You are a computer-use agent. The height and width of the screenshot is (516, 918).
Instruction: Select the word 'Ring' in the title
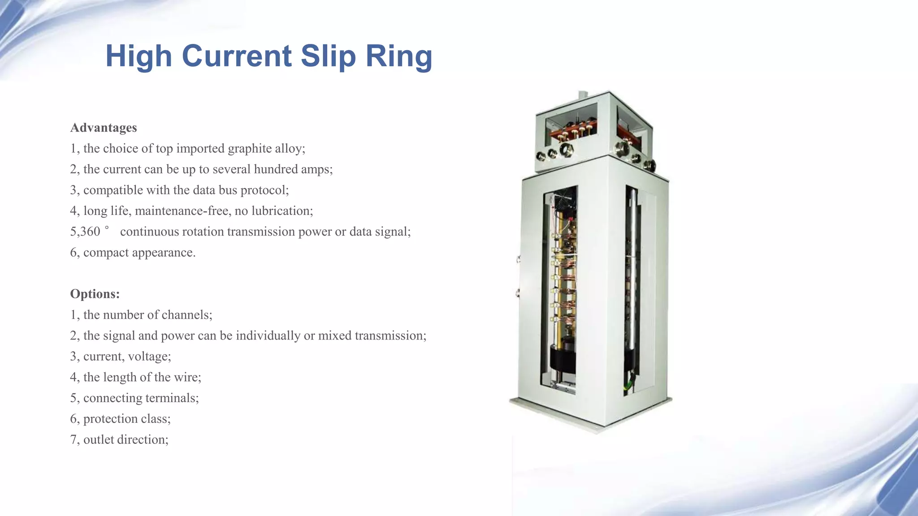399,56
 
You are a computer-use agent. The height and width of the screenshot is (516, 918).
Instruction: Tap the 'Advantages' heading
104,128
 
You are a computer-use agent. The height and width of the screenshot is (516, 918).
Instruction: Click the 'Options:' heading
95,294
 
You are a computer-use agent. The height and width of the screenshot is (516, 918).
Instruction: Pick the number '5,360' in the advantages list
85,232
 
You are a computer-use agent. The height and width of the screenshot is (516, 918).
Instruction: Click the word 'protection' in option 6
110,419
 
